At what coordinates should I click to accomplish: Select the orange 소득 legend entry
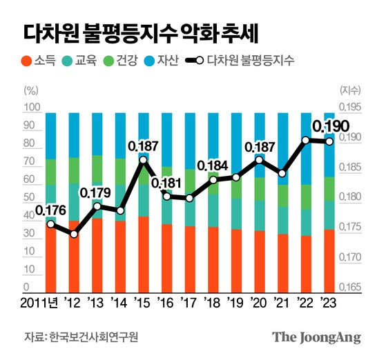40,60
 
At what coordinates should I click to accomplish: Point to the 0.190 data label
330,127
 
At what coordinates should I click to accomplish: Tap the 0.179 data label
97,193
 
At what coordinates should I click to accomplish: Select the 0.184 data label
212,166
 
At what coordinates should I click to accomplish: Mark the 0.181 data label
166,183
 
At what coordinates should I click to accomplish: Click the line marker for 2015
143,160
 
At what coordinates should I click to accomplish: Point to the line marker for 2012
74,234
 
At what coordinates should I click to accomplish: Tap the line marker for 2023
329,142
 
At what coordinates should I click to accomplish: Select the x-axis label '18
213,302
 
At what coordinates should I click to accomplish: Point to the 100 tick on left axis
31,108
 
